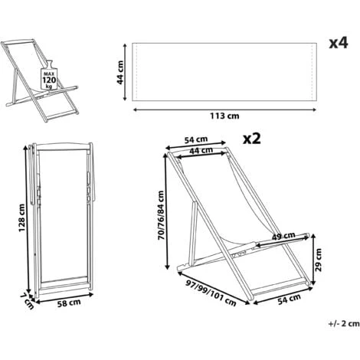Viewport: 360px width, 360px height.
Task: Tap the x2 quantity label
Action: coord(252,139)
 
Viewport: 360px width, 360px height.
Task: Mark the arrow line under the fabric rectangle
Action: coord(225,109)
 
